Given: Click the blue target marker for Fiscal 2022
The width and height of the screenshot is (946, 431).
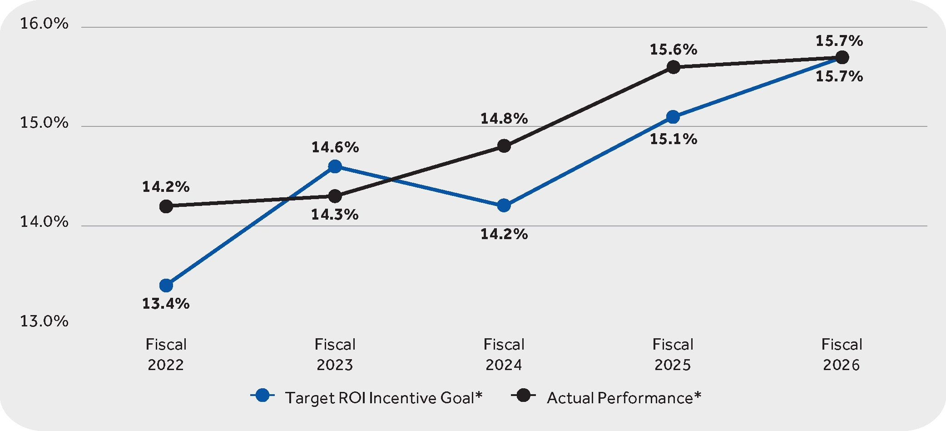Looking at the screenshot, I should tap(166, 286).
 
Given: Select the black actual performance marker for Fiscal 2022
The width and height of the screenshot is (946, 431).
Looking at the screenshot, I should tap(166, 206).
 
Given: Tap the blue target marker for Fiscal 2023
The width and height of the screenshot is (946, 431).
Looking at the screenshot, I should tap(335, 166).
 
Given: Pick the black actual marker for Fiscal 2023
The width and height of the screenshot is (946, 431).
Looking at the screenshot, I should tap(335, 196).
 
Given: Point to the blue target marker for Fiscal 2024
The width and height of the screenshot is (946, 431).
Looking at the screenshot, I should tap(504, 205).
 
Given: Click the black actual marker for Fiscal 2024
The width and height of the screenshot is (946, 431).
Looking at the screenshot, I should tap(504, 146).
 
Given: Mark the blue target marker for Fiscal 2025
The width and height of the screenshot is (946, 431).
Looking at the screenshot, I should tap(673, 117).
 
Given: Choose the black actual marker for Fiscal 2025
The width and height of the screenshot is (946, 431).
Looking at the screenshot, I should tap(673, 67).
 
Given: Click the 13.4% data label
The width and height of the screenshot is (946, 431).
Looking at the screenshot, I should tap(166, 304).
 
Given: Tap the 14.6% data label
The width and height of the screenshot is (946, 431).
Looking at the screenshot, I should tap(335, 147).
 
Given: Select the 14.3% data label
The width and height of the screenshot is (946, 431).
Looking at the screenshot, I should tap(335, 215).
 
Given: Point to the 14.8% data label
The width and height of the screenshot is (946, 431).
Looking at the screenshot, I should tap(504, 119).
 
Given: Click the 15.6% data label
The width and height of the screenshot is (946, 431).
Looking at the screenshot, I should tap(673, 50).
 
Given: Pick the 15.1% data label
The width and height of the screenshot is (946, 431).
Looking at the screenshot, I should tap(673, 139).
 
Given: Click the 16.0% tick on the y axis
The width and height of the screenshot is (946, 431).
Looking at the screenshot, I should tap(44, 24).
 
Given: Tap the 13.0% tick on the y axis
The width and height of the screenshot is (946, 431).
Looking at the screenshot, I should tap(44, 321).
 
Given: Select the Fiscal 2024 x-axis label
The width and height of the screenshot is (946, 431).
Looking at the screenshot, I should tap(504, 355).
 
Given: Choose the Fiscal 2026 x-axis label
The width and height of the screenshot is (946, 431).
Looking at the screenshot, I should tap(842, 355).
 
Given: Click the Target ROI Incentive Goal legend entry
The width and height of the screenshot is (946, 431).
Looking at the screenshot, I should tap(366, 397).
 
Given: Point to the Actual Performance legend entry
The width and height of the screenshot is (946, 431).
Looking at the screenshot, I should tap(606, 397).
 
